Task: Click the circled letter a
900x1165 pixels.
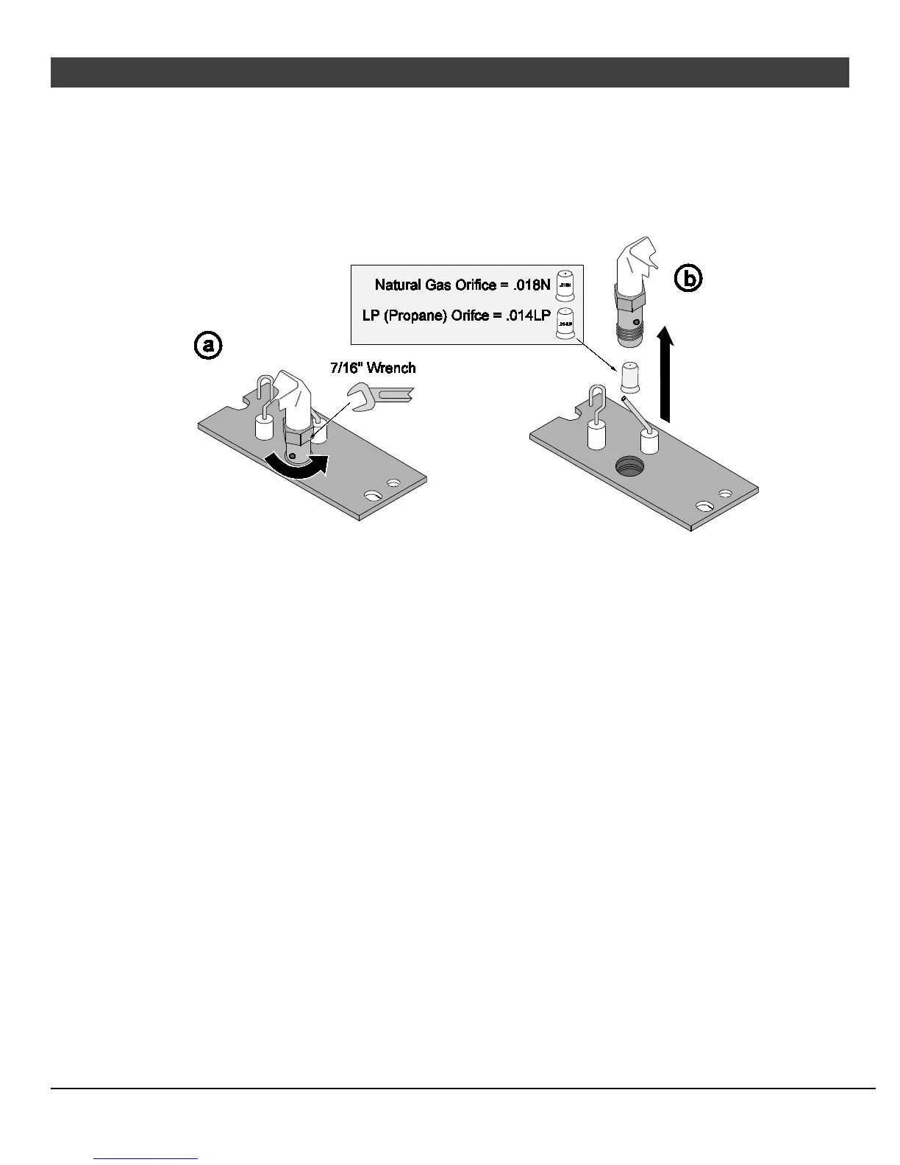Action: coord(208,345)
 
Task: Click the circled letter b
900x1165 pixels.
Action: coord(688,279)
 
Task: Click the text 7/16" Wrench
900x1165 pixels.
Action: coord(373,368)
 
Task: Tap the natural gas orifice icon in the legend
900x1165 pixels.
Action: coord(565,283)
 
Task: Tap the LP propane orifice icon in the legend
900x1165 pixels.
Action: coord(565,323)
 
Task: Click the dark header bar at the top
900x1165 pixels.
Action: coord(449,72)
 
